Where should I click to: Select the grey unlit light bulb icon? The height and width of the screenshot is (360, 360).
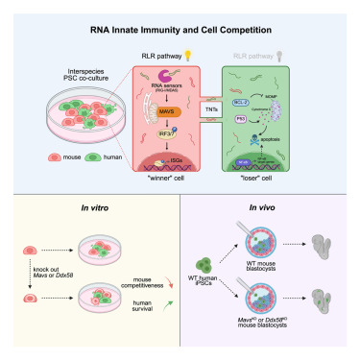point(279,57)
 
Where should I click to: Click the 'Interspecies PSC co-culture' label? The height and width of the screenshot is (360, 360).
point(70,74)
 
